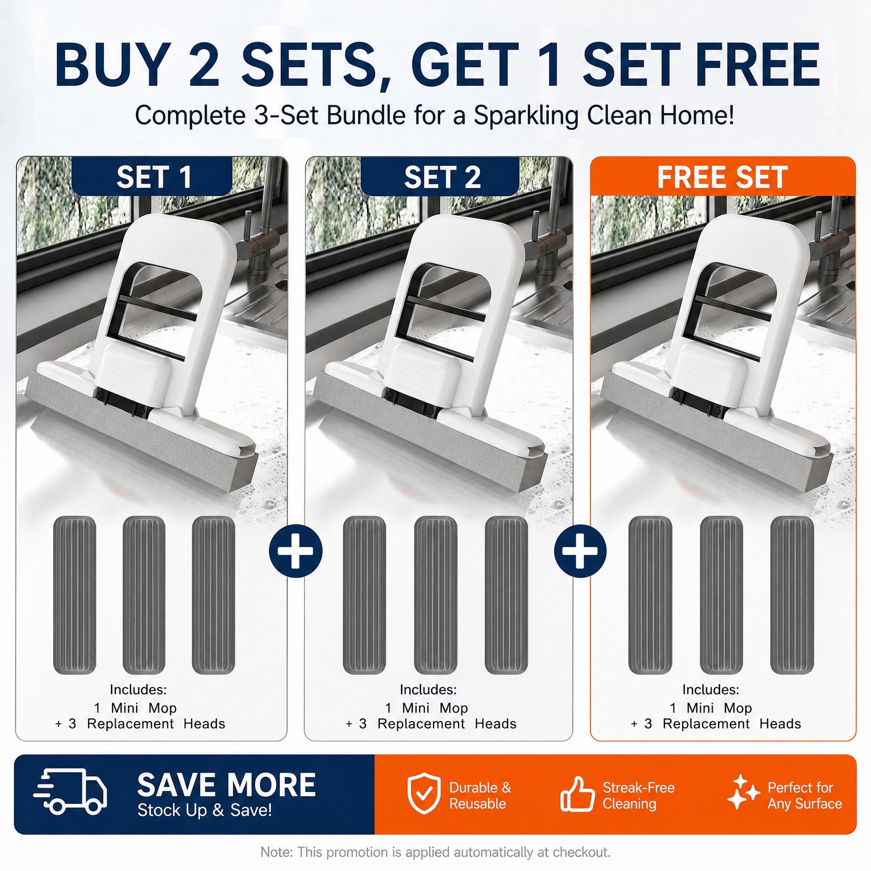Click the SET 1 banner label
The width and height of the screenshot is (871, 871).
[154, 177]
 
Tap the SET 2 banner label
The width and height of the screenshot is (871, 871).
[442, 177]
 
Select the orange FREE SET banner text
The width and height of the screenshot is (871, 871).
[722, 177]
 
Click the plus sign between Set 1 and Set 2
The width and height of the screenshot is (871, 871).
[296, 551]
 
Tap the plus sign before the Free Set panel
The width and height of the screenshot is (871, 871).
[581, 551]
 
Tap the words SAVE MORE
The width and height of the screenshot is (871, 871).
[226, 785]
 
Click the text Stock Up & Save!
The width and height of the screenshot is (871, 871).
[205, 810]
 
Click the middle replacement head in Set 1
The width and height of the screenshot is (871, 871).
[144, 596]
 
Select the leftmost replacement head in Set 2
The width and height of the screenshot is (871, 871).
[364, 596]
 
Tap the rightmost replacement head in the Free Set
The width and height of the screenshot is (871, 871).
[792, 596]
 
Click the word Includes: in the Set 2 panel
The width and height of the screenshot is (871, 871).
[428, 689]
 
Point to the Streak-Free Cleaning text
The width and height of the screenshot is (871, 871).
[638, 795]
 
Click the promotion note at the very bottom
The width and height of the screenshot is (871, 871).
[435, 852]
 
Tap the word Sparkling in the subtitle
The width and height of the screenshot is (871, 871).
[526, 115]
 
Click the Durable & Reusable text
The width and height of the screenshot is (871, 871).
[480, 795]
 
